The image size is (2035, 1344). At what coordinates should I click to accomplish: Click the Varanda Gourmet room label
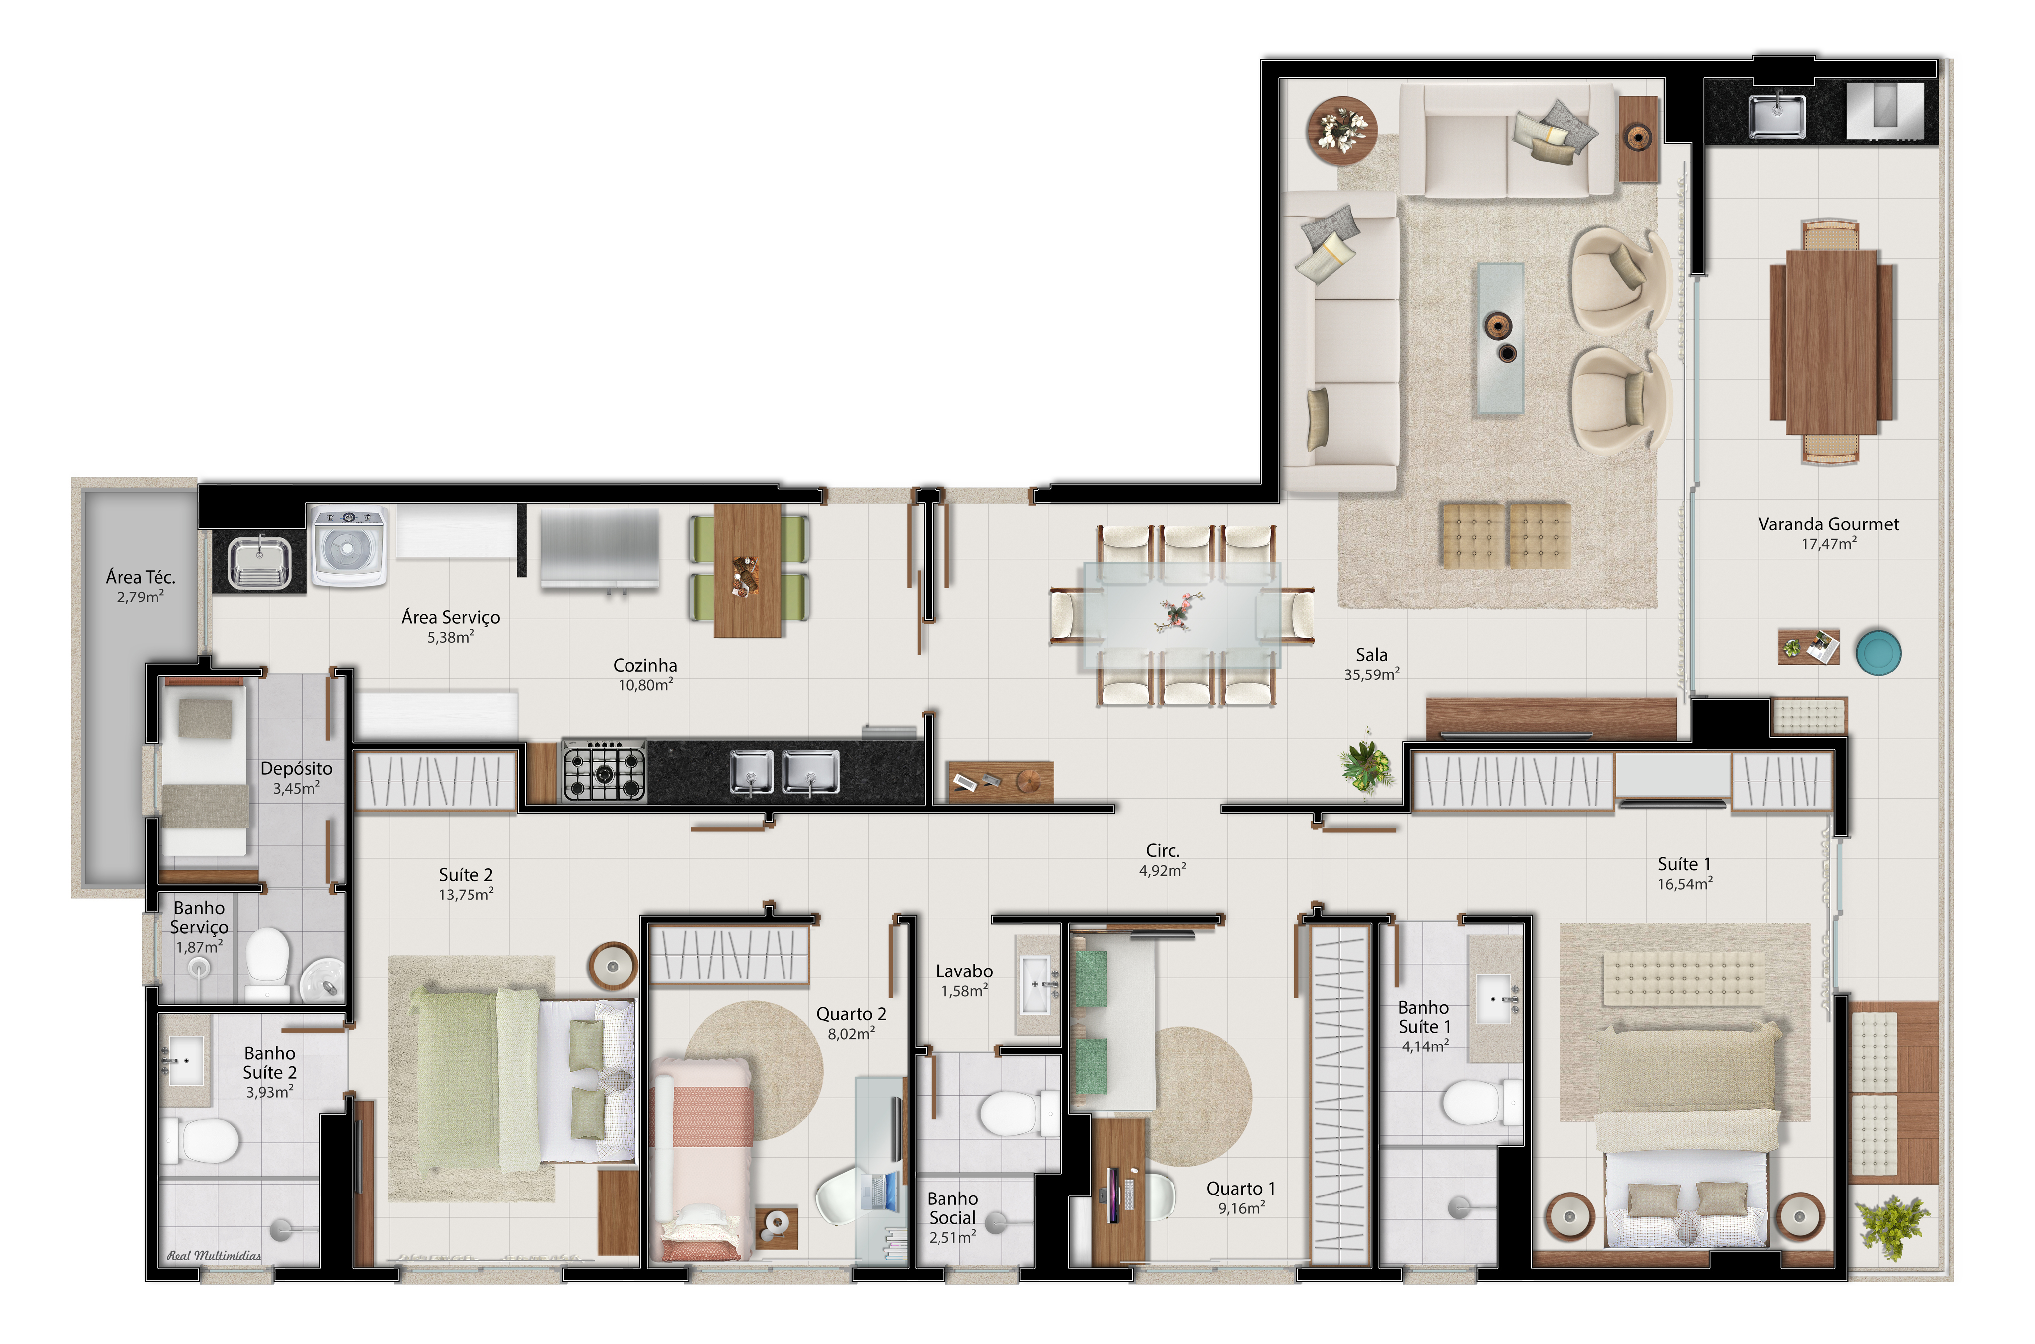pyautogui.click(x=1828, y=523)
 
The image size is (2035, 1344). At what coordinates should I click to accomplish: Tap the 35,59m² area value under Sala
pyautogui.click(x=1372, y=674)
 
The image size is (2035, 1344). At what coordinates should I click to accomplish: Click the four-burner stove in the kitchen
pyautogui.click(x=604, y=770)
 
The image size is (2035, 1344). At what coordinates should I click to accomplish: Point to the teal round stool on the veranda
pyautogui.click(x=1878, y=652)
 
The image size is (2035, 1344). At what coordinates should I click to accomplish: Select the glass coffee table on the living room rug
pyautogui.click(x=1499, y=339)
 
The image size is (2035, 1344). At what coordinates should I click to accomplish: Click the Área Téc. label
pyautogui.click(x=141, y=577)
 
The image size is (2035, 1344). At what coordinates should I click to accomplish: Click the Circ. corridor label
pyautogui.click(x=1163, y=850)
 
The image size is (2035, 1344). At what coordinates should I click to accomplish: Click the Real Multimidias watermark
pyautogui.click(x=214, y=1256)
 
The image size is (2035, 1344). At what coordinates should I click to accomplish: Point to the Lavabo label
pyautogui.click(x=963, y=971)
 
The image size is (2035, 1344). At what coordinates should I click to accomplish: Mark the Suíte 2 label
pyautogui.click(x=466, y=874)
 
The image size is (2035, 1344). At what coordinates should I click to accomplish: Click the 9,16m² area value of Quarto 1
pyautogui.click(x=1241, y=1208)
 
